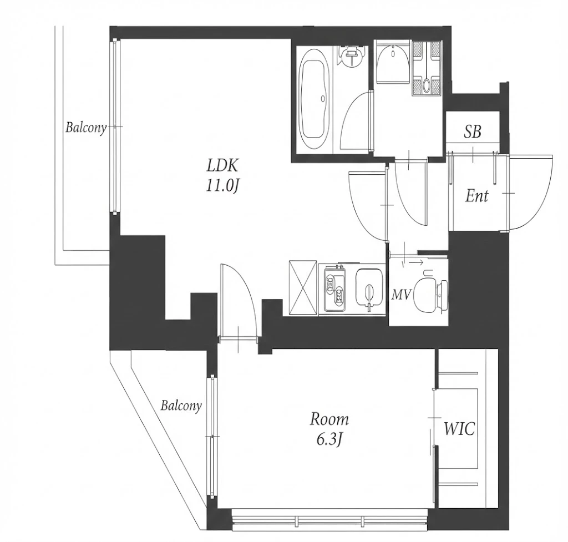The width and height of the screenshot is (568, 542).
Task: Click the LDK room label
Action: point(222,166)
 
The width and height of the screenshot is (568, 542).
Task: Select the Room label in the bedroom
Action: point(329,419)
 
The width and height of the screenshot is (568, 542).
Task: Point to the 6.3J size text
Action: point(329,440)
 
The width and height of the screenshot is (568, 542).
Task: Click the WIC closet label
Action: point(459,429)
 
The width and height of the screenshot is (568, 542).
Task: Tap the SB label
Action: point(473,132)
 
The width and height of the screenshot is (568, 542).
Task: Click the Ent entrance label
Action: point(476,196)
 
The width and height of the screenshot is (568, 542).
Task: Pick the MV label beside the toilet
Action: point(402,295)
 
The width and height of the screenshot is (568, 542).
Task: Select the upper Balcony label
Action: point(86,128)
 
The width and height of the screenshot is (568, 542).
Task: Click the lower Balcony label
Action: point(181,406)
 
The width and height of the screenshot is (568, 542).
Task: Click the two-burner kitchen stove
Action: point(335,289)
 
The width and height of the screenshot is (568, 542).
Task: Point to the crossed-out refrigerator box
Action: point(303,288)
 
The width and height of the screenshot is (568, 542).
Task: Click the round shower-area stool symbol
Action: point(351,56)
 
